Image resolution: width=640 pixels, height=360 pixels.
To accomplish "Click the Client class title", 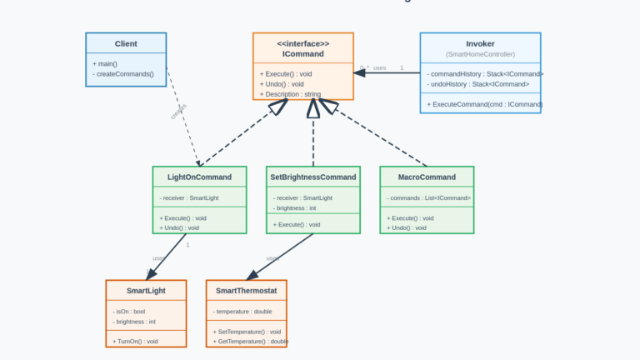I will point(126,43).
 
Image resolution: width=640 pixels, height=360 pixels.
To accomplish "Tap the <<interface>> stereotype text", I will point(302,43).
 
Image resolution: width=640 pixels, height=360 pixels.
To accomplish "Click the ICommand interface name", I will point(302,54).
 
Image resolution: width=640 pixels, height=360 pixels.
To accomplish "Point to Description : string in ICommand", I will point(290,94).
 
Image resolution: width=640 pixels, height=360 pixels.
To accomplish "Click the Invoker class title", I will point(480,43).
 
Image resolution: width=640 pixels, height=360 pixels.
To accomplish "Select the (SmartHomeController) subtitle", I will point(480,54).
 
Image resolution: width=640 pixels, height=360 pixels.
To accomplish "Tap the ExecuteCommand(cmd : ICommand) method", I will point(484,104).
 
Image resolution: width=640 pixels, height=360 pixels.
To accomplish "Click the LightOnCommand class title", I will point(199,177).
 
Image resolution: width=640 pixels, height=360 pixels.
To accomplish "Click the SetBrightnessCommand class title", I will point(313,177).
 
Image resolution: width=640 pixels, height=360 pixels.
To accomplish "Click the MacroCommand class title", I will point(427,177).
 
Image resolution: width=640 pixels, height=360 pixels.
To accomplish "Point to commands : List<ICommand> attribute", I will point(429,197).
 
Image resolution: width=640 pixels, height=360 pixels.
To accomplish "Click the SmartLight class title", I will point(146,290).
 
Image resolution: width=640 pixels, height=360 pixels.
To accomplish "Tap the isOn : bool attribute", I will point(129,311).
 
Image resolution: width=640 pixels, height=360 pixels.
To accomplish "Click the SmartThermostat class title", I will point(246,290).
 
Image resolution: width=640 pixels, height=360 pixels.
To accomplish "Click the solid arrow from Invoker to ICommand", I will point(387,73).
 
